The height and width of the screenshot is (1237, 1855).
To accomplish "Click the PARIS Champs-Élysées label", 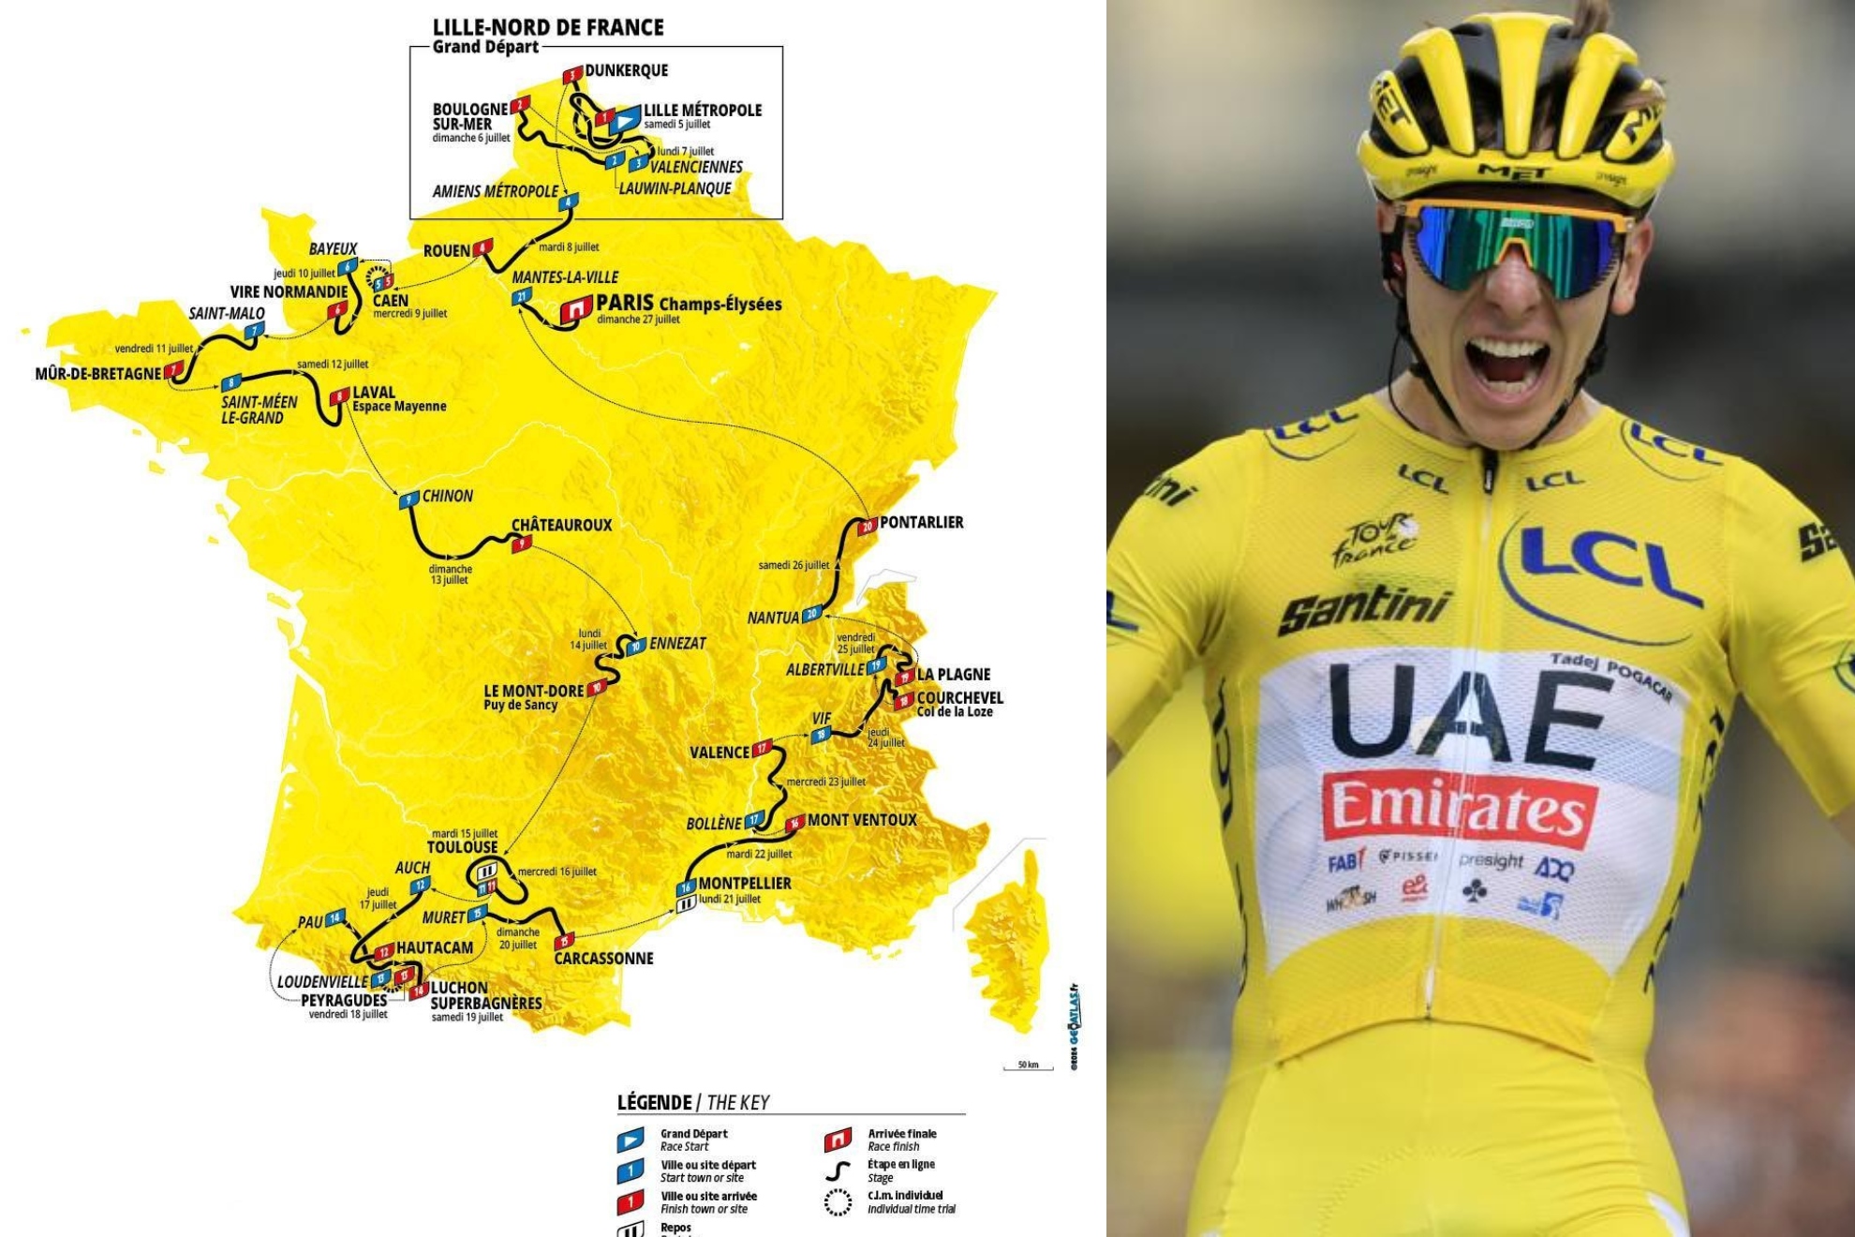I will (x=689, y=304).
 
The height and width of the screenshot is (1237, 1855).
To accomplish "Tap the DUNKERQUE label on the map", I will (x=626, y=70).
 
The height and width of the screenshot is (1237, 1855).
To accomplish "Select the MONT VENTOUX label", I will (x=862, y=820).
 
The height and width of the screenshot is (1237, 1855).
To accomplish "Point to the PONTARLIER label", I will (x=921, y=522).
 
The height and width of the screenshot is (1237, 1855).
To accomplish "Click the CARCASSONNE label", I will (x=603, y=958).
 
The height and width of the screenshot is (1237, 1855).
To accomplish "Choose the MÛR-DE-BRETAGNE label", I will (x=98, y=374).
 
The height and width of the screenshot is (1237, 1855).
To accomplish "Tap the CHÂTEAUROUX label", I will (x=561, y=525).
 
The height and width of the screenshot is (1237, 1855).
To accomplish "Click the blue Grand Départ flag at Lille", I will (x=624, y=120).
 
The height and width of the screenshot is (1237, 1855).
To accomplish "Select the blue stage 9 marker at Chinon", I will (x=408, y=500).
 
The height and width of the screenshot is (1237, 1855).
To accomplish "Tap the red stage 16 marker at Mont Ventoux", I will (x=794, y=824).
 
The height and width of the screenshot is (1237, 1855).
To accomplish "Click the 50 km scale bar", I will (x=1028, y=1066).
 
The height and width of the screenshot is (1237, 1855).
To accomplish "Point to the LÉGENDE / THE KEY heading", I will (x=693, y=1102).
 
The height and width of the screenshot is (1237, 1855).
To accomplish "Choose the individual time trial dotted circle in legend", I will (x=838, y=1202).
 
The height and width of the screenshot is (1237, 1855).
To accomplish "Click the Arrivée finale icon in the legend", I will (x=838, y=1140).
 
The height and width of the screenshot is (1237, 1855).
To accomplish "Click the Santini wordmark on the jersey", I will (x=1364, y=610).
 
